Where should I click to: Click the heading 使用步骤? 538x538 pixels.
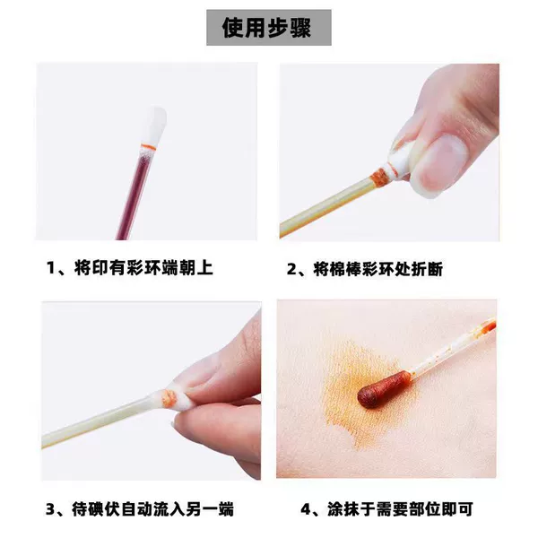[266, 28]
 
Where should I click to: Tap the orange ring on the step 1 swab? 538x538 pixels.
[149, 147]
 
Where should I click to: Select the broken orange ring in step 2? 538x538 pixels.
[382, 175]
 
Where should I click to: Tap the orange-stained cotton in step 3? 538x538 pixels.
[169, 398]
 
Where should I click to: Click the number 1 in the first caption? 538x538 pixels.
[51, 268]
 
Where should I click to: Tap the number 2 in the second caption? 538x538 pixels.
[291, 269]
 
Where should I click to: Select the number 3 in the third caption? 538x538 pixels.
[50, 509]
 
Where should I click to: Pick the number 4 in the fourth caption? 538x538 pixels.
[306, 509]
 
